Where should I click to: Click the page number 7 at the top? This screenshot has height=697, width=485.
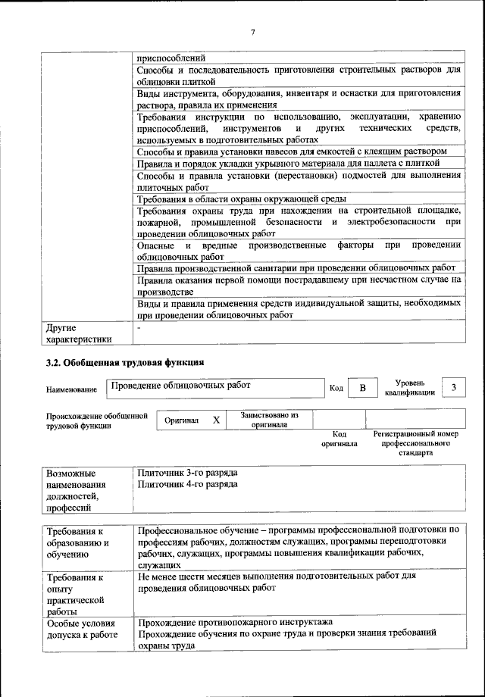[x=253, y=31]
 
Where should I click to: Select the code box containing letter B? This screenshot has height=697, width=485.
[x=362, y=389]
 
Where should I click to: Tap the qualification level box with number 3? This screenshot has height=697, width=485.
[x=453, y=388]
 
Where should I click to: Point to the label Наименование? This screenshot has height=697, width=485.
[x=71, y=389]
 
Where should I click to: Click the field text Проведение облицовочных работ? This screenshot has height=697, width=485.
[x=180, y=385]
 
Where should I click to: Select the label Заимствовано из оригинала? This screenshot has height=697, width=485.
[x=270, y=420]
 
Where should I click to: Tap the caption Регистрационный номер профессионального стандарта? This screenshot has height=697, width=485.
[x=415, y=443]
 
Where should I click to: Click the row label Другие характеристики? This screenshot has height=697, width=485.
[x=78, y=334]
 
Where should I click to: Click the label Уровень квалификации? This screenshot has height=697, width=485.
[x=409, y=387]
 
